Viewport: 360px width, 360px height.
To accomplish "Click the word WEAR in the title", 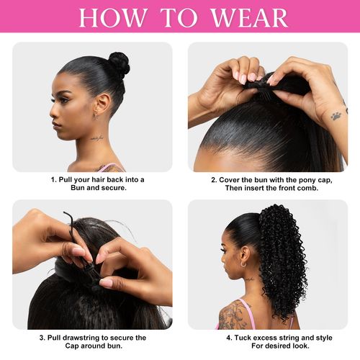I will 249,17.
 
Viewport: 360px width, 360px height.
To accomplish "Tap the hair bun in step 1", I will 118,64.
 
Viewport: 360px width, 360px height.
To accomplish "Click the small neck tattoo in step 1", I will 96,137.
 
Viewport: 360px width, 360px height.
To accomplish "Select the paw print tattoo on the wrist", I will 336,114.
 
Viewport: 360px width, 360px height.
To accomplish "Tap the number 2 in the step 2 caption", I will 213,179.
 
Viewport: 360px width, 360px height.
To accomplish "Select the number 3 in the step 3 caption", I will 41,337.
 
